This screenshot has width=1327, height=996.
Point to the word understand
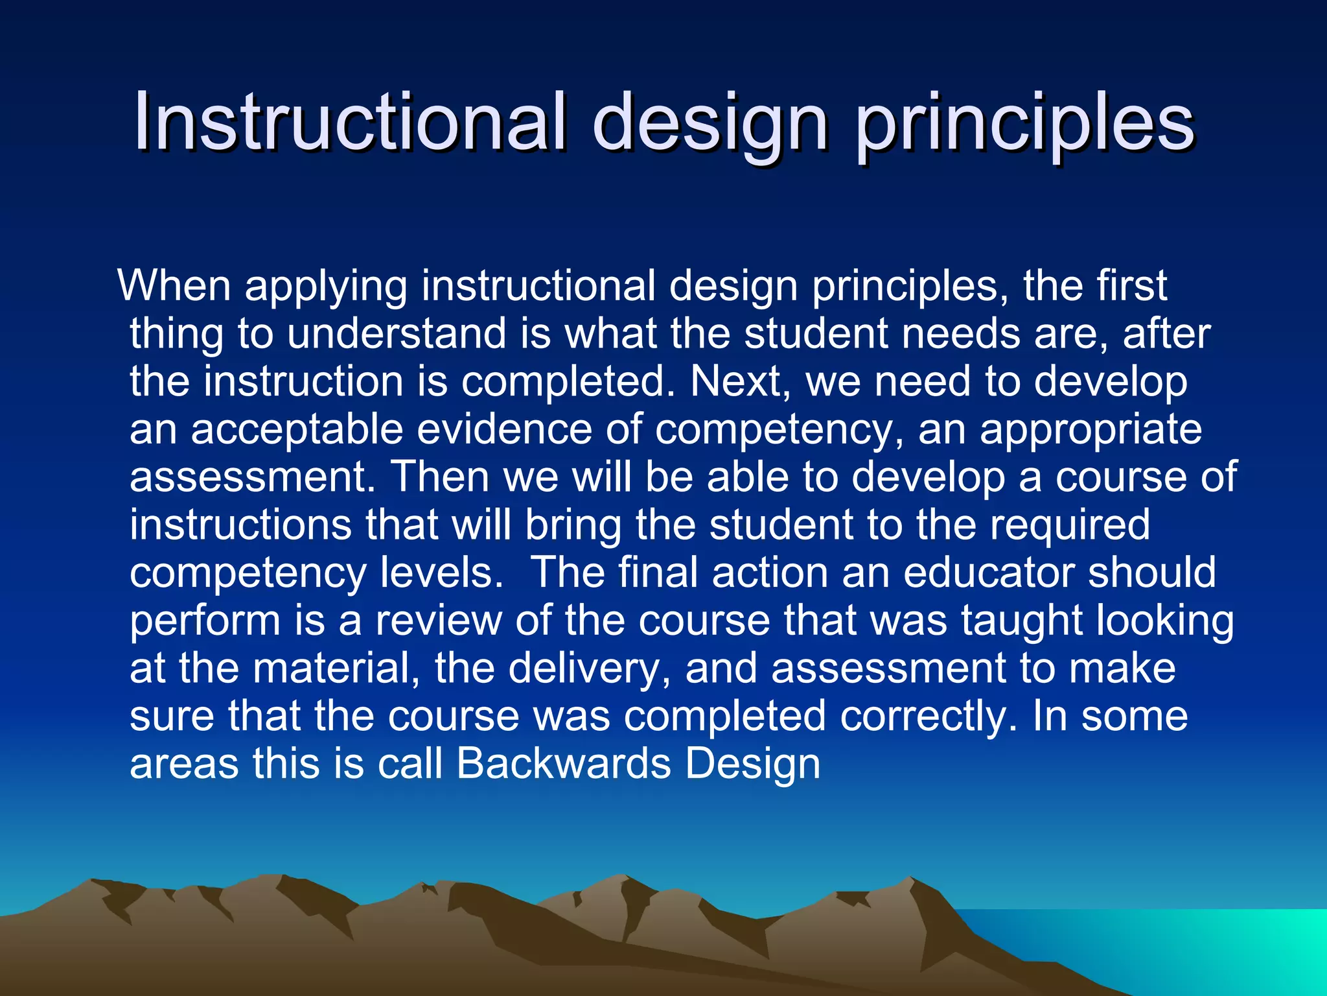tap(397, 333)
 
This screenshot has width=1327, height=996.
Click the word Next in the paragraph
tap(735, 381)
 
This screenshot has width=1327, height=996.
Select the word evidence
tap(504, 429)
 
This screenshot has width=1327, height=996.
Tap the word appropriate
tap(1091, 431)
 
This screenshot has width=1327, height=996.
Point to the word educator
tap(988, 573)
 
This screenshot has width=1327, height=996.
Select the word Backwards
tap(564, 764)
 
